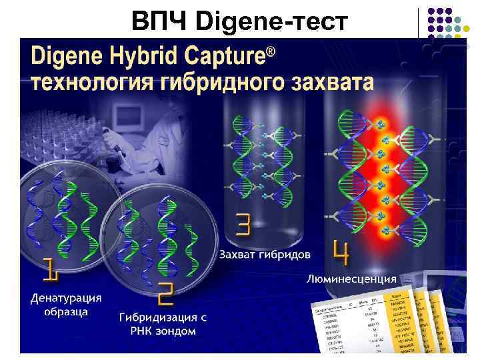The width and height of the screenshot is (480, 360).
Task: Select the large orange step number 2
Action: [x=164, y=294]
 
